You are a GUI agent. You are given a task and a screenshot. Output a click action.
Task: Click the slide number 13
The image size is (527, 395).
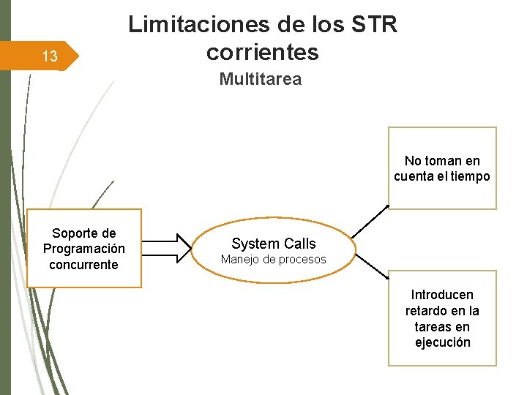[50, 57]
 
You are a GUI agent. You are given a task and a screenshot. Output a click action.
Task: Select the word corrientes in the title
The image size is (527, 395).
[263, 52]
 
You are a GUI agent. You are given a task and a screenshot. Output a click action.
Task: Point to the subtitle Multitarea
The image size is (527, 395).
[260, 79]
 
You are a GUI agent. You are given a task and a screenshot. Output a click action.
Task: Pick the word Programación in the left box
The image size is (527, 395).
[84, 249]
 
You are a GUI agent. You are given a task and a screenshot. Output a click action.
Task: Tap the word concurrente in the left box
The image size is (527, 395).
[84, 265]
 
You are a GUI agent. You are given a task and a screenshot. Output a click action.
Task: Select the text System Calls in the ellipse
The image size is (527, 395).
[274, 244]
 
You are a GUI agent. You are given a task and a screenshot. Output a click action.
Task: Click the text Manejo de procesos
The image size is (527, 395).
[274, 260]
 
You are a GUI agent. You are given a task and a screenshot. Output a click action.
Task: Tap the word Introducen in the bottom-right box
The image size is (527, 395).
[442, 295]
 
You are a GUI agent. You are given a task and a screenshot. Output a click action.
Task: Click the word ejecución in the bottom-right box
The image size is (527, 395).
[442, 342]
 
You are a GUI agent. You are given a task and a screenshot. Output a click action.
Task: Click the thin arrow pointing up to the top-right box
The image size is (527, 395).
[370, 222]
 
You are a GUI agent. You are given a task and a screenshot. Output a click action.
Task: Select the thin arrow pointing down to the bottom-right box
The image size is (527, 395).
[370, 265]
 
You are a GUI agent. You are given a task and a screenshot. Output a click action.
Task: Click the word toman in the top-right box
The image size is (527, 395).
[444, 161]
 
